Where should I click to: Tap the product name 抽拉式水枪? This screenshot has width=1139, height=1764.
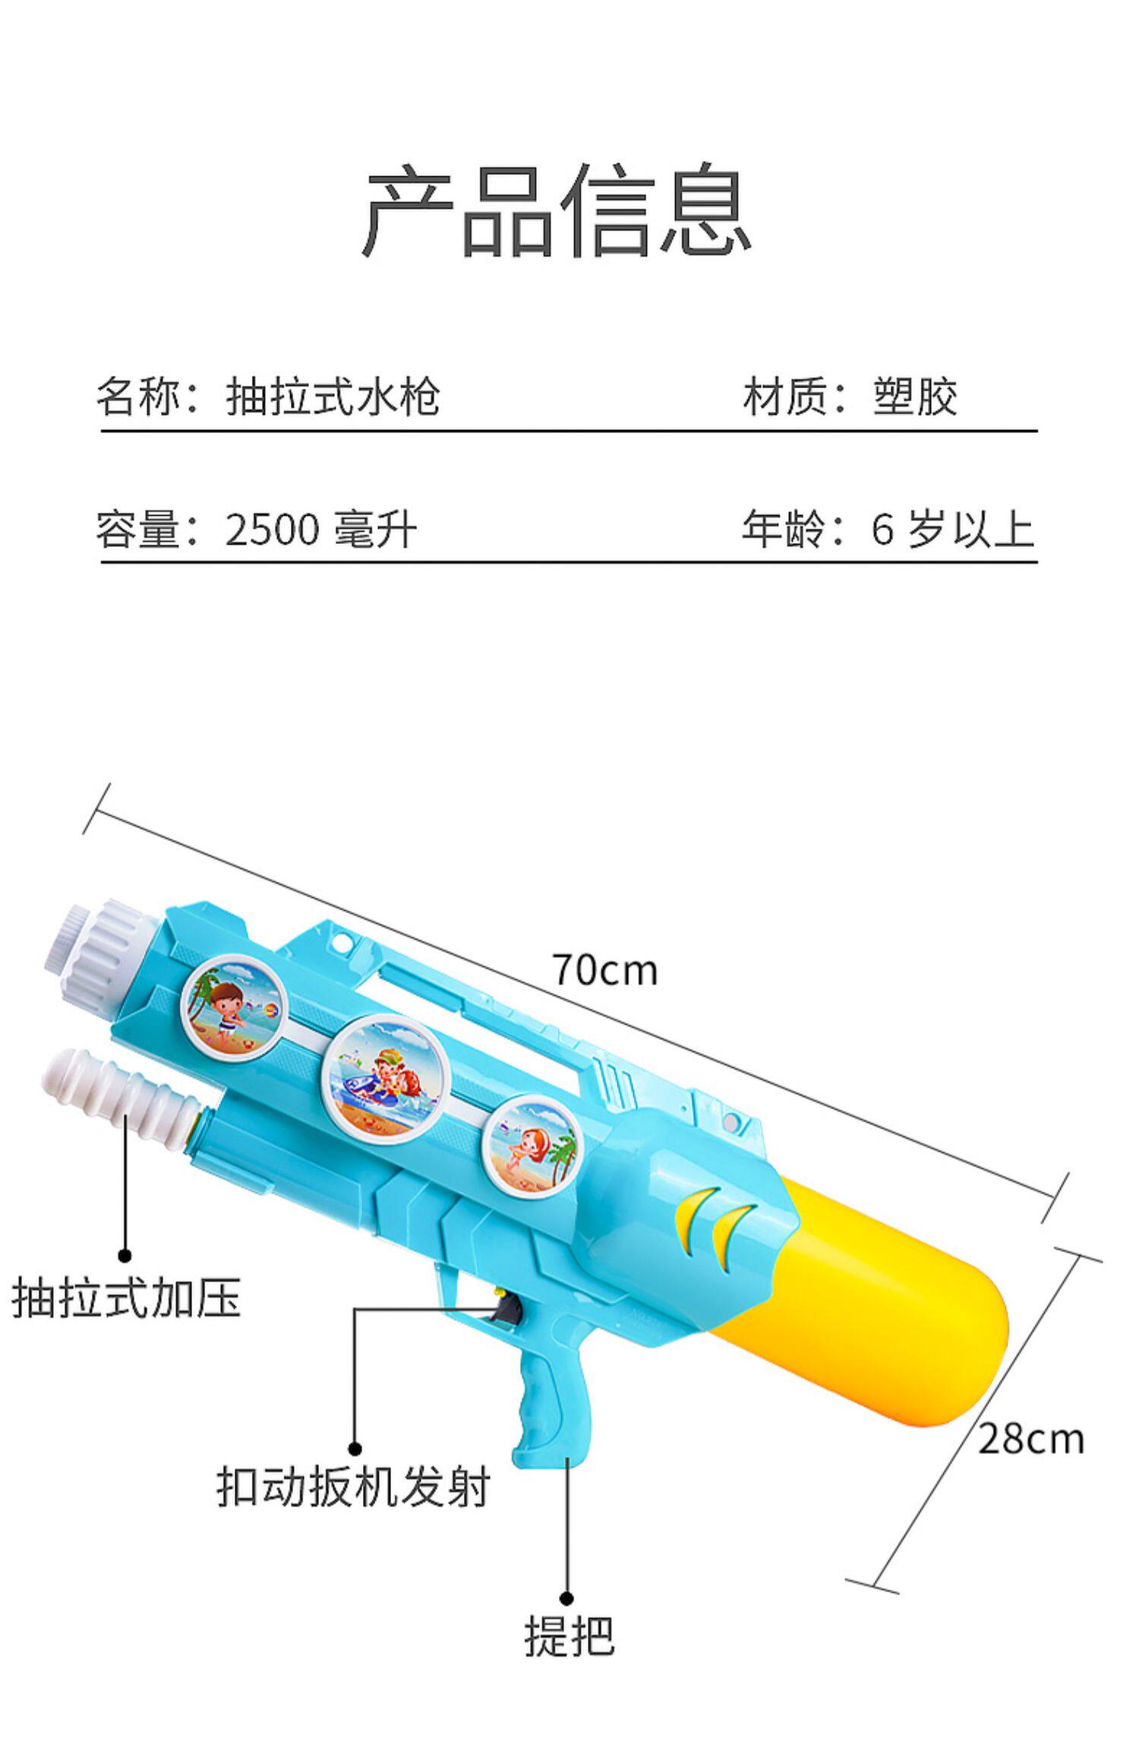[333, 397]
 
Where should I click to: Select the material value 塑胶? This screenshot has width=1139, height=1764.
[915, 397]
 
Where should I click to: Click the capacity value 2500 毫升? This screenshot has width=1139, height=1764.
[320, 530]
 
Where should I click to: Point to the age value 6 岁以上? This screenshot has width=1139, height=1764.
[952, 530]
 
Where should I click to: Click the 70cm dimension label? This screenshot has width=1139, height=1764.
[604, 970]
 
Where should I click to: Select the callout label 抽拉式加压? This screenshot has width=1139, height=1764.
[126, 1296]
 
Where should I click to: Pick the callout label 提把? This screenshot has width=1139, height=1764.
[569, 1635]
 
